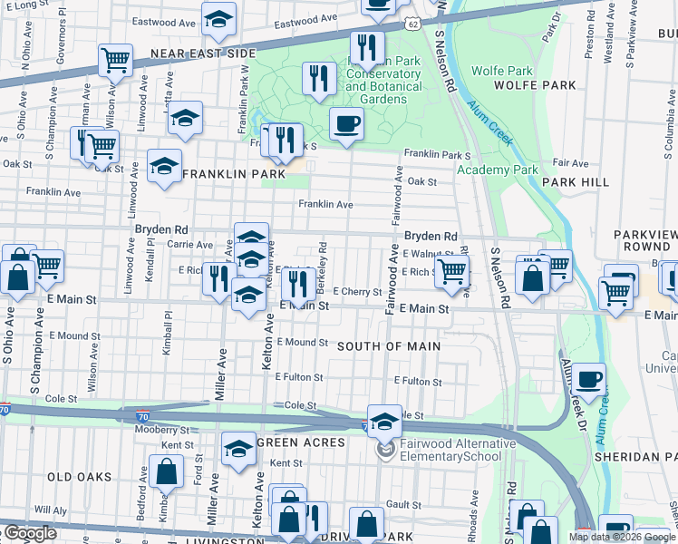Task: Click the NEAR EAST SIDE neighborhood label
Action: tap(203, 54)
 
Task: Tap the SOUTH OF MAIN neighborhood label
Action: tap(389, 346)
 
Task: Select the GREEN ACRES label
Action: tap(302, 442)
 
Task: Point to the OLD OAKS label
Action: tap(79, 477)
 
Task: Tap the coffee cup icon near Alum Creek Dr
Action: tap(589, 379)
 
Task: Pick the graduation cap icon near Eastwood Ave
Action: tap(218, 19)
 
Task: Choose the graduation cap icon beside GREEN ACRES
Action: tap(238, 448)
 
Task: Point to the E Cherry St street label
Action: tap(357, 292)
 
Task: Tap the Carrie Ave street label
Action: tap(189, 245)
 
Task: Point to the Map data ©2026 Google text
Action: tap(620, 537)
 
